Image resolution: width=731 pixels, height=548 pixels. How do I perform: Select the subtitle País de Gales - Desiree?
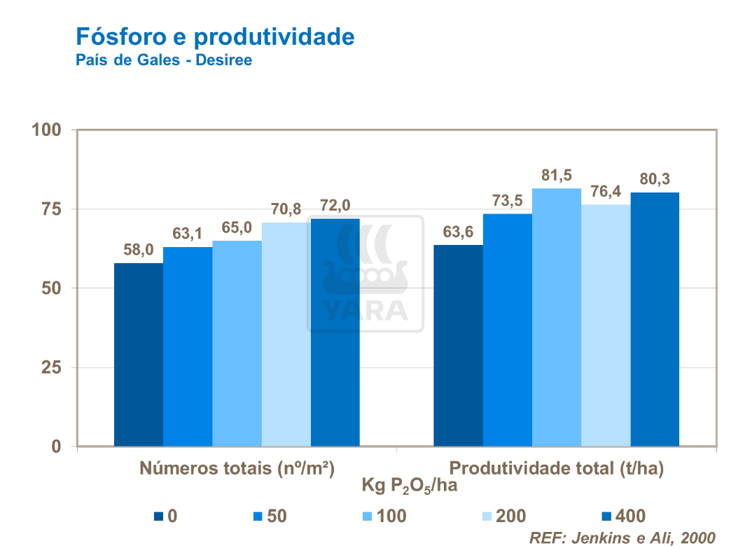click(x=163, y=60)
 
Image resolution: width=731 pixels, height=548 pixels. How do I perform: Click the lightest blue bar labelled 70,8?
click(x=286, y=334)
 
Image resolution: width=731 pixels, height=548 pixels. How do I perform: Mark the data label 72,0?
click(x=335, y=206)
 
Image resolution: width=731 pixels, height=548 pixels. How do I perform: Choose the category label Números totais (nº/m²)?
click(x=237, y=468)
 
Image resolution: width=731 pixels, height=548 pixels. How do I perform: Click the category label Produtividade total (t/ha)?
click(x=556, y=468)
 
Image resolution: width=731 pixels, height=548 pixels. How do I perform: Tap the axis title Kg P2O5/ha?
click(x=409, y=485)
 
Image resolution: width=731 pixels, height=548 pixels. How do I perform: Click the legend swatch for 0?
click(x=159, y=517)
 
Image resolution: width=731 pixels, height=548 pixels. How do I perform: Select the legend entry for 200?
click(x=501, y=517)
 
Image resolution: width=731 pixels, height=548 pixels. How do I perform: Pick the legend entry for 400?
click(x=623, y=517)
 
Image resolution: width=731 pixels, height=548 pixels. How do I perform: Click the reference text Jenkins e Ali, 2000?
click(x=622, y=538)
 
